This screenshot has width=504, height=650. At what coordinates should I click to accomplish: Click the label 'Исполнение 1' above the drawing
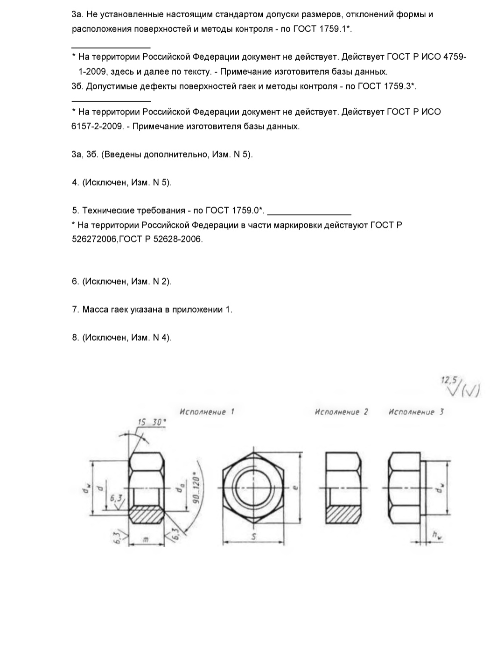(207, 412)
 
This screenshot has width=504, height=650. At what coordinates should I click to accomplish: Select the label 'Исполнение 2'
(341, 412)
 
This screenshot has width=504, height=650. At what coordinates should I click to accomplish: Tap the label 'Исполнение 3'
(416, 412)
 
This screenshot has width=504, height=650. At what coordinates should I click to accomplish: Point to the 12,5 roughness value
(450, 380)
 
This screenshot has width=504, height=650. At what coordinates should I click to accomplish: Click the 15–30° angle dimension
(151, 423)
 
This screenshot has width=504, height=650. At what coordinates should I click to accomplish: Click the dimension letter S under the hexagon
(254, 537)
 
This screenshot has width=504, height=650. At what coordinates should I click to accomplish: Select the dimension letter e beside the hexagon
(294, 487)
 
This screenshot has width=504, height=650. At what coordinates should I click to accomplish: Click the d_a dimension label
(178, 488)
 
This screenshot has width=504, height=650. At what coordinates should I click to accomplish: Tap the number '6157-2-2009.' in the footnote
(97, 126)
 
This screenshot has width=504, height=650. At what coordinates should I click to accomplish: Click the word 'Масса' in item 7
(96, 310)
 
